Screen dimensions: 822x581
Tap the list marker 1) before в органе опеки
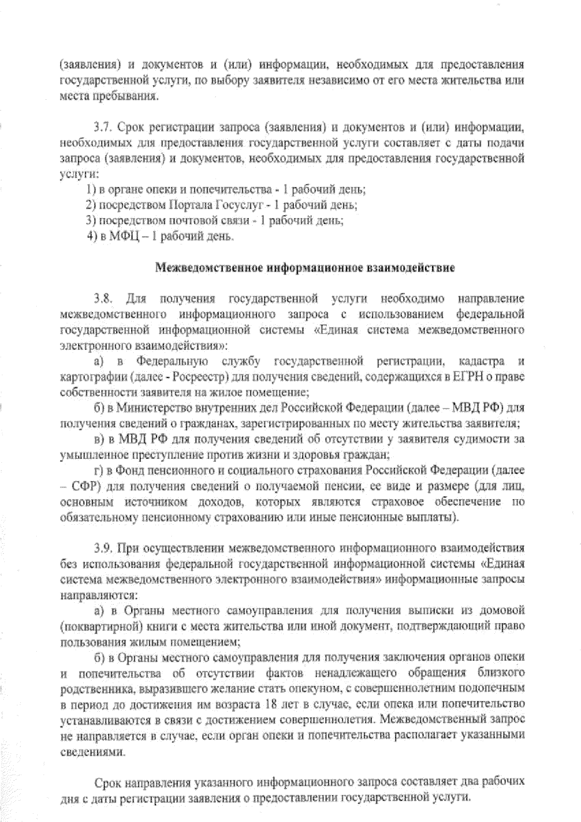[x=90, y=189]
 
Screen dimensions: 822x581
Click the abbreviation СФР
[x=86, y=486]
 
